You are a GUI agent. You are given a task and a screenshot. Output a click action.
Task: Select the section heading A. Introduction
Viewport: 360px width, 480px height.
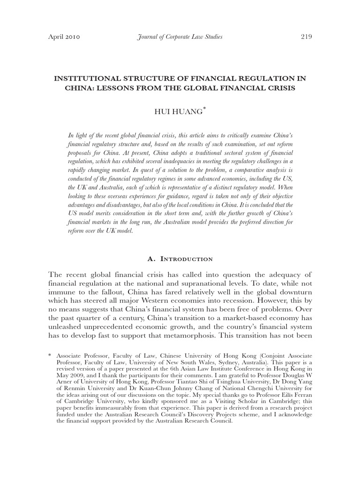[180, 259]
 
